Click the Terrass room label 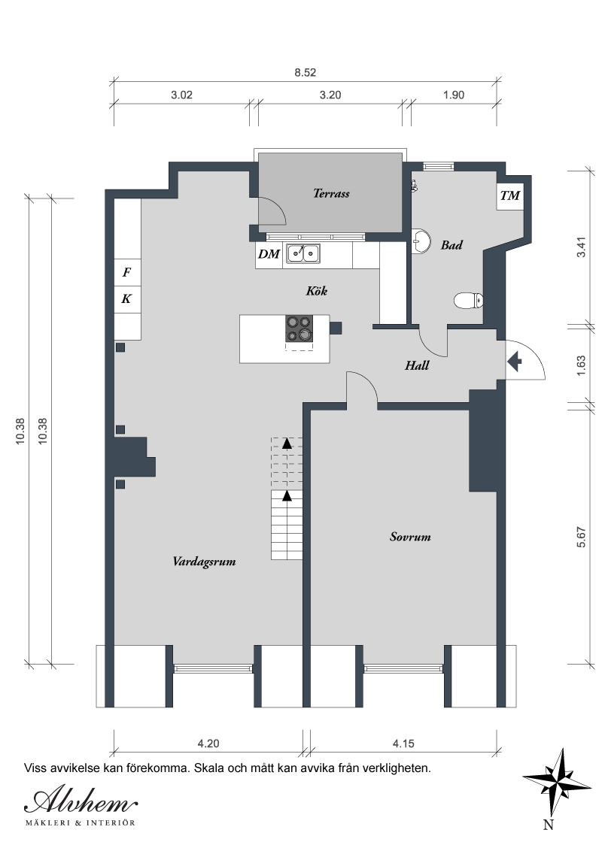point(331,193)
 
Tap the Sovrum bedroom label point(410,537)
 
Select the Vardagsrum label point(204,562)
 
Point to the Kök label point(316,291)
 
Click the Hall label point(417,365)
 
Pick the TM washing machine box point(509,195)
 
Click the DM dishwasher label point(269,254)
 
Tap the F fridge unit point(127,272)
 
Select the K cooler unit point(127,299)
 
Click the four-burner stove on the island point(299,329)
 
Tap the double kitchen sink point(303,253)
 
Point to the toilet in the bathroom point(468,300)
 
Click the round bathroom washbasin point(421,241)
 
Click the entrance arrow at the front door point(515,360)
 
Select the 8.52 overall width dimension point(306,72)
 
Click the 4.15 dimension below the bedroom point(403,743)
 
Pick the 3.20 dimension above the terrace point(330,95)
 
